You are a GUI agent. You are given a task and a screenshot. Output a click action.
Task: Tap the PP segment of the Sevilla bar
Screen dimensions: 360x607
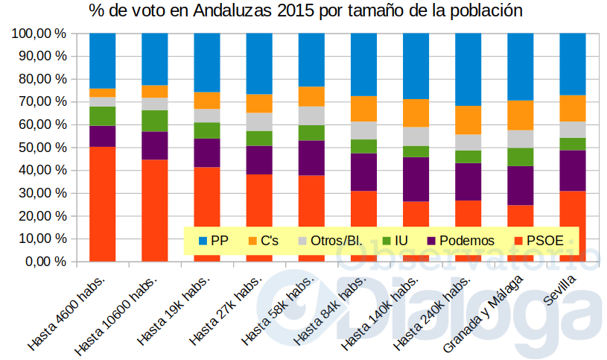click(x=572, y=64)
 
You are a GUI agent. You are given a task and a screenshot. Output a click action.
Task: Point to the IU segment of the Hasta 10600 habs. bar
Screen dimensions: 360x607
click(x=154, y=121)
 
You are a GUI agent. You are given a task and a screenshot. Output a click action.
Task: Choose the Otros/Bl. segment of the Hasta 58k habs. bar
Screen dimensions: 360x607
click(x=311, y=116)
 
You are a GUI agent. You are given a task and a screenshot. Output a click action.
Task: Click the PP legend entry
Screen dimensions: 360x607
click(x=212, y=240)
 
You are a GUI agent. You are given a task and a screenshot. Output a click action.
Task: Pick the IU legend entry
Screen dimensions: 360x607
click(x=395, y=240)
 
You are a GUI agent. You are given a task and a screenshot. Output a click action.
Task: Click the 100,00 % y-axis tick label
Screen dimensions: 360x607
click(x=38, y=34)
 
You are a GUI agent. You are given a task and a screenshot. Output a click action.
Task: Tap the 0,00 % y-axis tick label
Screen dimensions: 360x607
click(x=44, y=262)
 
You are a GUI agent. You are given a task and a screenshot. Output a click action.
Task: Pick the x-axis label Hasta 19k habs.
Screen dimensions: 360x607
click(x=176, y=310)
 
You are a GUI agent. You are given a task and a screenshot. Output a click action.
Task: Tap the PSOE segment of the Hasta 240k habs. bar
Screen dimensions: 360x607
click(x=468, y=231)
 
